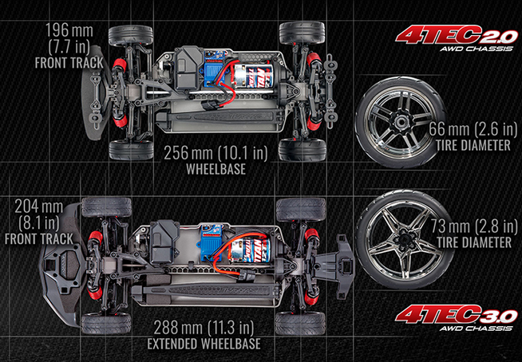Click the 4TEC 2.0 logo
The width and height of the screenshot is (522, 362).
coord(457,38)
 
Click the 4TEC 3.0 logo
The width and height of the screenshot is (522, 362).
coord(457,318)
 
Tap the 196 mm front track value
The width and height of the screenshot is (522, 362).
coord(69,30)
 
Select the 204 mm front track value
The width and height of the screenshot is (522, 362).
coord(38,207)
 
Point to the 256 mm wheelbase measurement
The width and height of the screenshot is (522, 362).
coord(216,153)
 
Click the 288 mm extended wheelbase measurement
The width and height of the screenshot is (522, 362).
coord(204,328)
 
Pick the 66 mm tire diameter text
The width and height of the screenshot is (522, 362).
coord(473,129)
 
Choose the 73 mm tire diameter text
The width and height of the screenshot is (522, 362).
coord(474,226)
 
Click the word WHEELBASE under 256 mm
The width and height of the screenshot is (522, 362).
coord(216,169)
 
